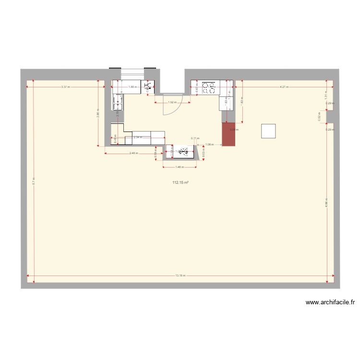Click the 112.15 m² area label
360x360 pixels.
[180, 182]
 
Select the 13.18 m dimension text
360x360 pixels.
[180, 276]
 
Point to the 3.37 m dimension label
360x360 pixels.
[65, 87]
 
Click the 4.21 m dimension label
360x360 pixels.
[284, 87]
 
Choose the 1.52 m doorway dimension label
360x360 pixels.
[172, 102]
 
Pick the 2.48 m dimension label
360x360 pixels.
[133, 154]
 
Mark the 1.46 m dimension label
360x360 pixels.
[180, 167]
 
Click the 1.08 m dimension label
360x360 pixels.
[209, 144]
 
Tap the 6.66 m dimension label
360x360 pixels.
[326, 204]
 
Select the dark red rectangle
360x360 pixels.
[229, 134]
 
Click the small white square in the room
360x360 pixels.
[268, 131]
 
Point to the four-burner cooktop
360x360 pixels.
[208, 87]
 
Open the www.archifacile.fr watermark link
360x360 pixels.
[330, 302]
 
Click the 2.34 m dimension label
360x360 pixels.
[137, 138]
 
